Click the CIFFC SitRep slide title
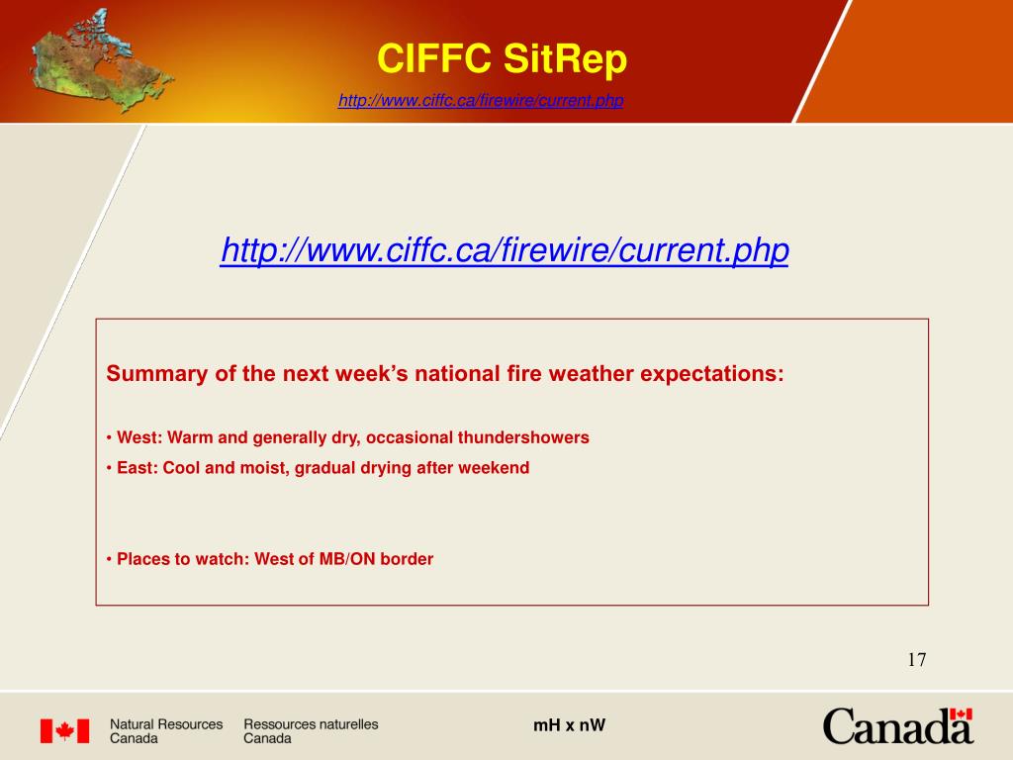(x=502, y=60)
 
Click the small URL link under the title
(x=481, y=101)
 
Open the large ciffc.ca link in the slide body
(x=505, y=250)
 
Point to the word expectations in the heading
(x=711, y=374)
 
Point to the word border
(x=411, y=559)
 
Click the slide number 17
(x=916, y=660)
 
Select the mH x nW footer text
(x=569, y=725)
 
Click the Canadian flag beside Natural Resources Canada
(x=64, y=731)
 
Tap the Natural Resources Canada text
(x=165, y=731)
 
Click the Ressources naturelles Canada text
(x=311, y=731)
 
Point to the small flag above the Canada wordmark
(x=960, y=713)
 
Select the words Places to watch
(x=183, y=559)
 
